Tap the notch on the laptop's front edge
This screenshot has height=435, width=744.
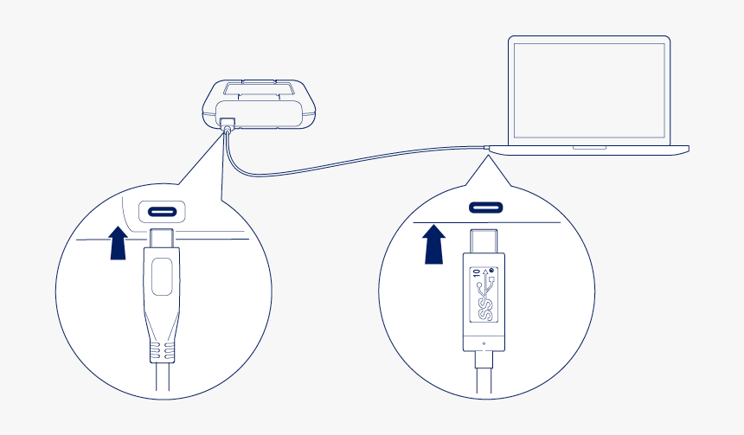pyautogui.click(x=589, y=147)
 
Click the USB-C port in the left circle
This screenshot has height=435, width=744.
pyautogui.click(x=162, y=210)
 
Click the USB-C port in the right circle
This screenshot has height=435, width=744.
pyautogui.click(x=486, y=208)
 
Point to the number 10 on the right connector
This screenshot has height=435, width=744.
pyautogui.click(x=478, y=278)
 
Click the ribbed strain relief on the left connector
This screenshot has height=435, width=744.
pyautogui.click(x=162, y=350)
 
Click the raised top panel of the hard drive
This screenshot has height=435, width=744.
pyautogui.click(x=259, y=88)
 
